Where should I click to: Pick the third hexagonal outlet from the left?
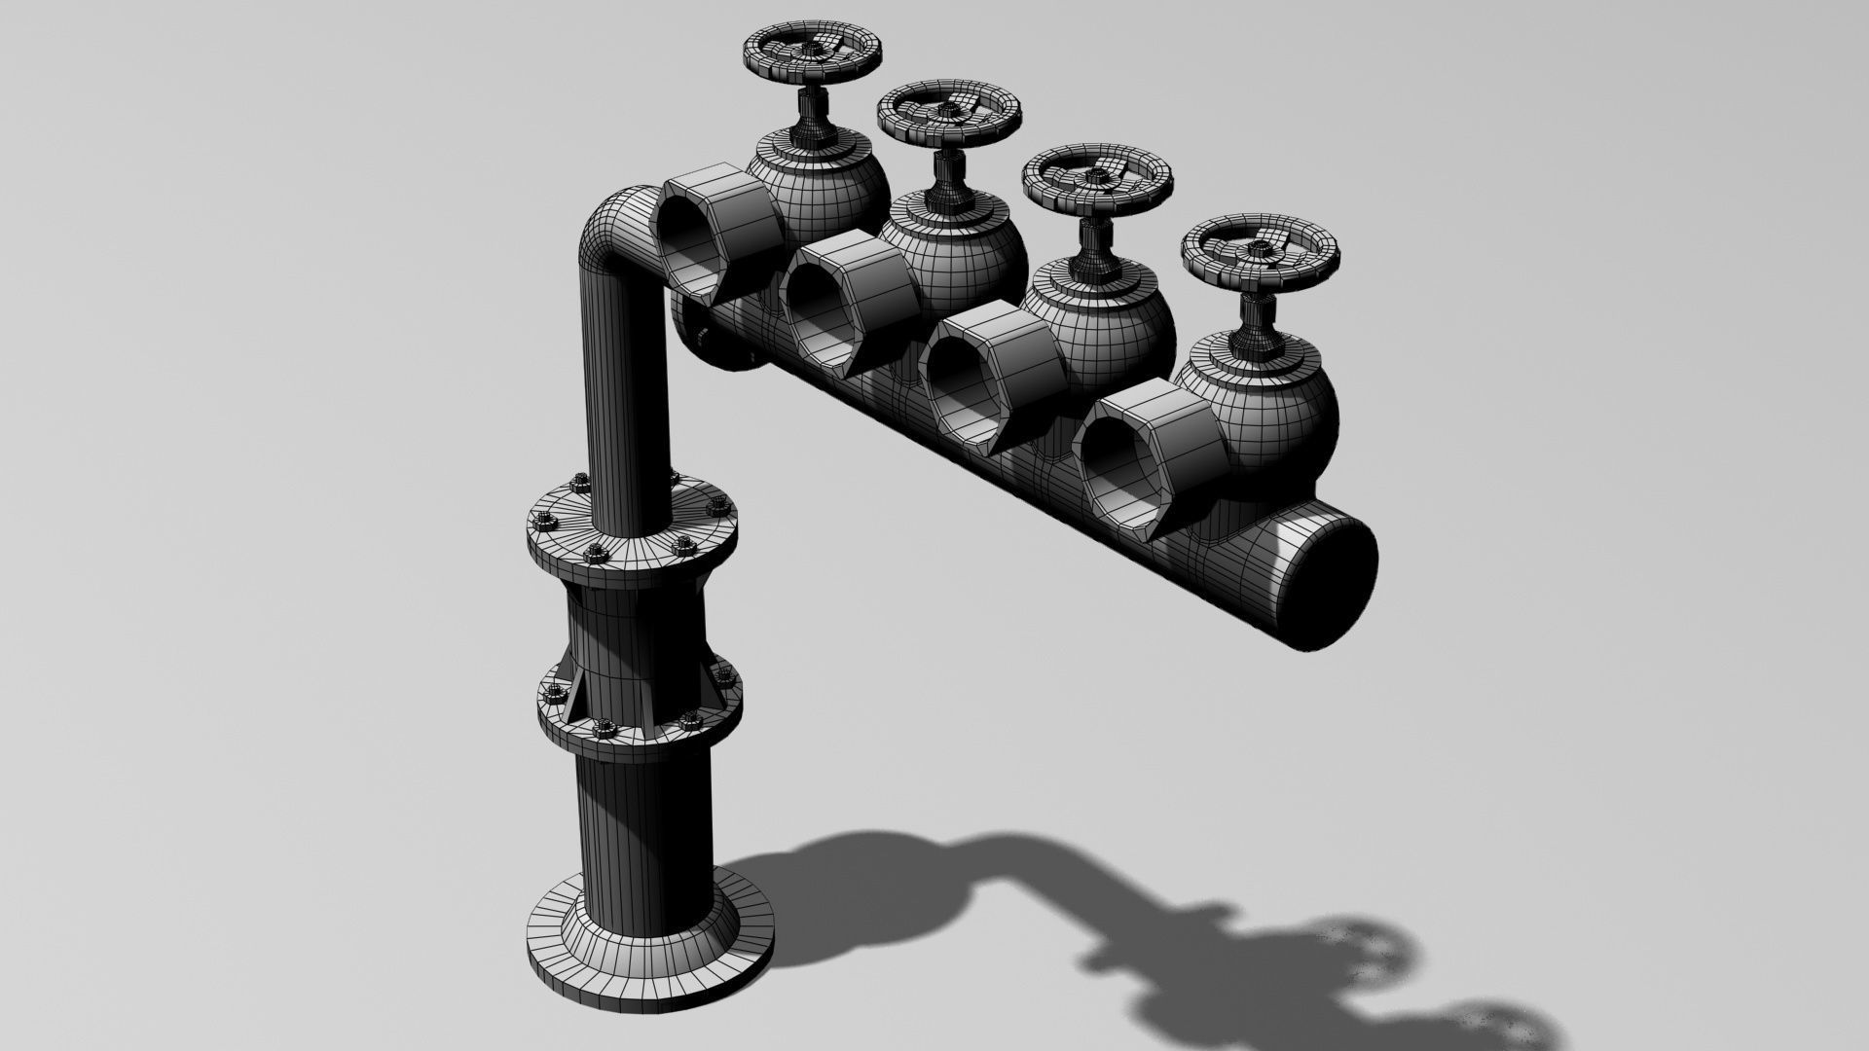993,380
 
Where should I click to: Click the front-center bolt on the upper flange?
593,556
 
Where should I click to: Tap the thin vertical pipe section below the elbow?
623,389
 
